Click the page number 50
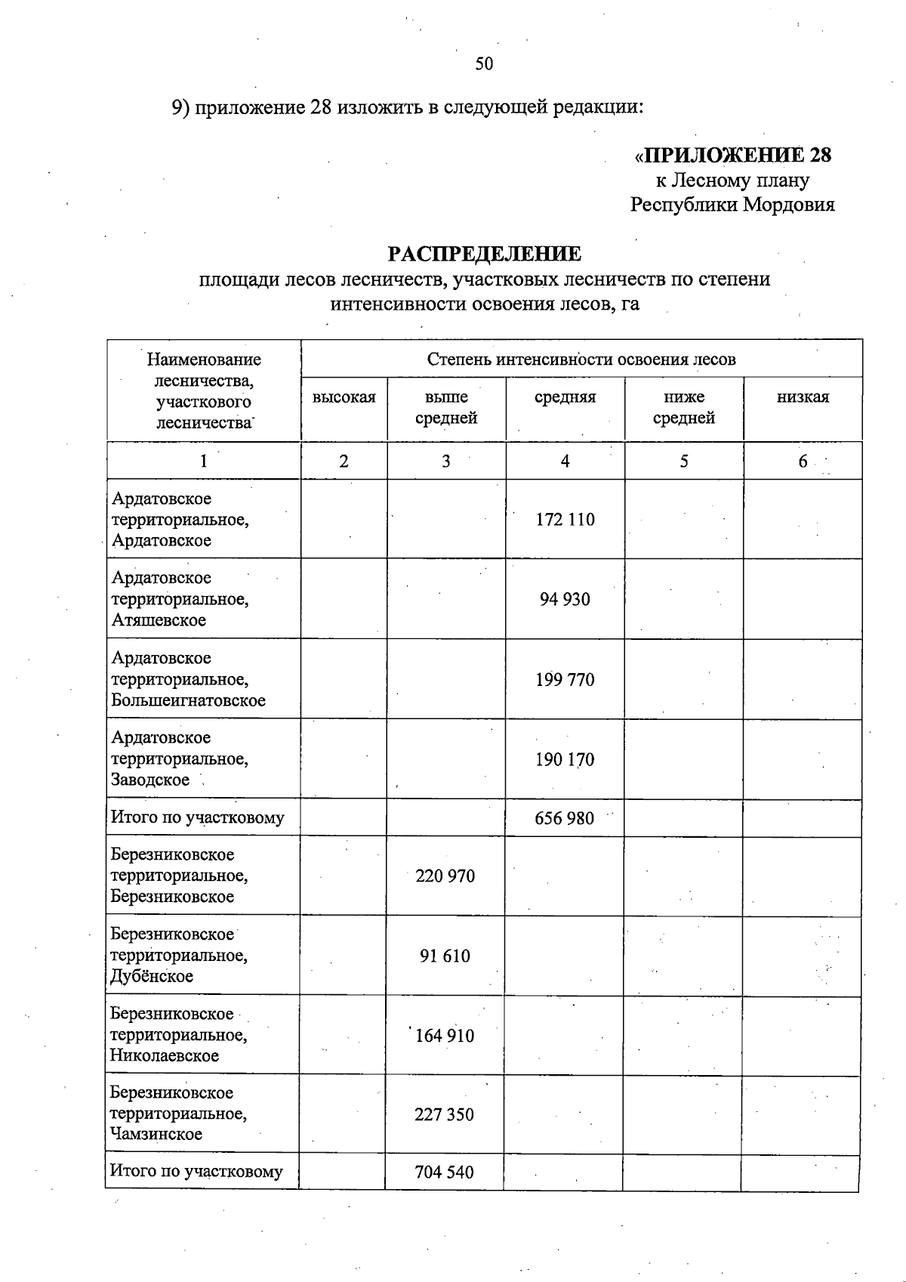click(x=484, y=63)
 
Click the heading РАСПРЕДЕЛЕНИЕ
click(x=484, y=253)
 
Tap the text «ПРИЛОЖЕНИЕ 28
click(x=732, y=155)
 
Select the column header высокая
click(x=344, y=397)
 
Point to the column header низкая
click(x=803, y=397)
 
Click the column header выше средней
click(x=446, y=407)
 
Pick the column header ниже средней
click(x=683, y=407)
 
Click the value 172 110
click(x=565, y=520)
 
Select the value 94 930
click(x=565, y=599)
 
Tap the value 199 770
click(x=565, y=679)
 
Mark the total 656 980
click(x=564, y=818)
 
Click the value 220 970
click(x=445, y=876)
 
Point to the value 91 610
click(x=445, y=956)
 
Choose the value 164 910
click(x=445, y=1036)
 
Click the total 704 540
click(x=444, y=1172)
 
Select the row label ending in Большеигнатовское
click(x=188, y=679)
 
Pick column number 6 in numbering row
click(x=803, y=461)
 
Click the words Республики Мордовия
click(x=732, y=205)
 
